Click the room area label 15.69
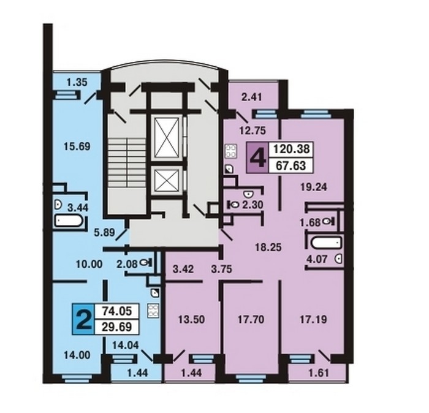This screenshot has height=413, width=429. click(x=77, y=146)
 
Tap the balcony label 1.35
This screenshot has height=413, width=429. click(x=77, y=82)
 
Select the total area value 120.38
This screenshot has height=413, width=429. click(x=291, y=150)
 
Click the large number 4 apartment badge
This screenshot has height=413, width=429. click(x=258, y=158)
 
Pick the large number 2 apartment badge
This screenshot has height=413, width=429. click(x=83, y=319)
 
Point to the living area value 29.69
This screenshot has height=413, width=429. click(x=117, y=327)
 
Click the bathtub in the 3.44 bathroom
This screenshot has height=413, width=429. click(x=69, y=221)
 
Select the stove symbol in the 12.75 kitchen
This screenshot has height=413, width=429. click(x=230, y=151)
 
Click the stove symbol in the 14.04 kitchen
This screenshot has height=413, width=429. click(x=153, y=311)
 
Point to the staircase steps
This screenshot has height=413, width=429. click(x=126, y=163)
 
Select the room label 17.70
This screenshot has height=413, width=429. click(x=251, y=319)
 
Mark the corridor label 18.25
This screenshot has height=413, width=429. click(x=268, y=248)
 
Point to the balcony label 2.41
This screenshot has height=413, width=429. click(x=252, y=97)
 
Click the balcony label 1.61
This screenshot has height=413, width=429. click(x=319, y=373)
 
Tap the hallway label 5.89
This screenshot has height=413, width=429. click(x=104, y=232)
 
